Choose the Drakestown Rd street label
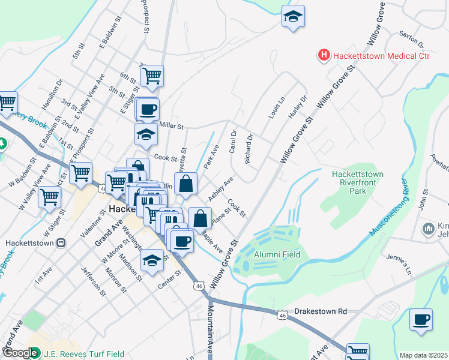(x=321, y=312)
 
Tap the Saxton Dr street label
(x=411, y=40)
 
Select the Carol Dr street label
(x=234, y=142)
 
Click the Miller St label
(x=172, y=126)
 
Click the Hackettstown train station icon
(x=61, y=243)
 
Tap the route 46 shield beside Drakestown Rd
(x=282, y=314)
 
